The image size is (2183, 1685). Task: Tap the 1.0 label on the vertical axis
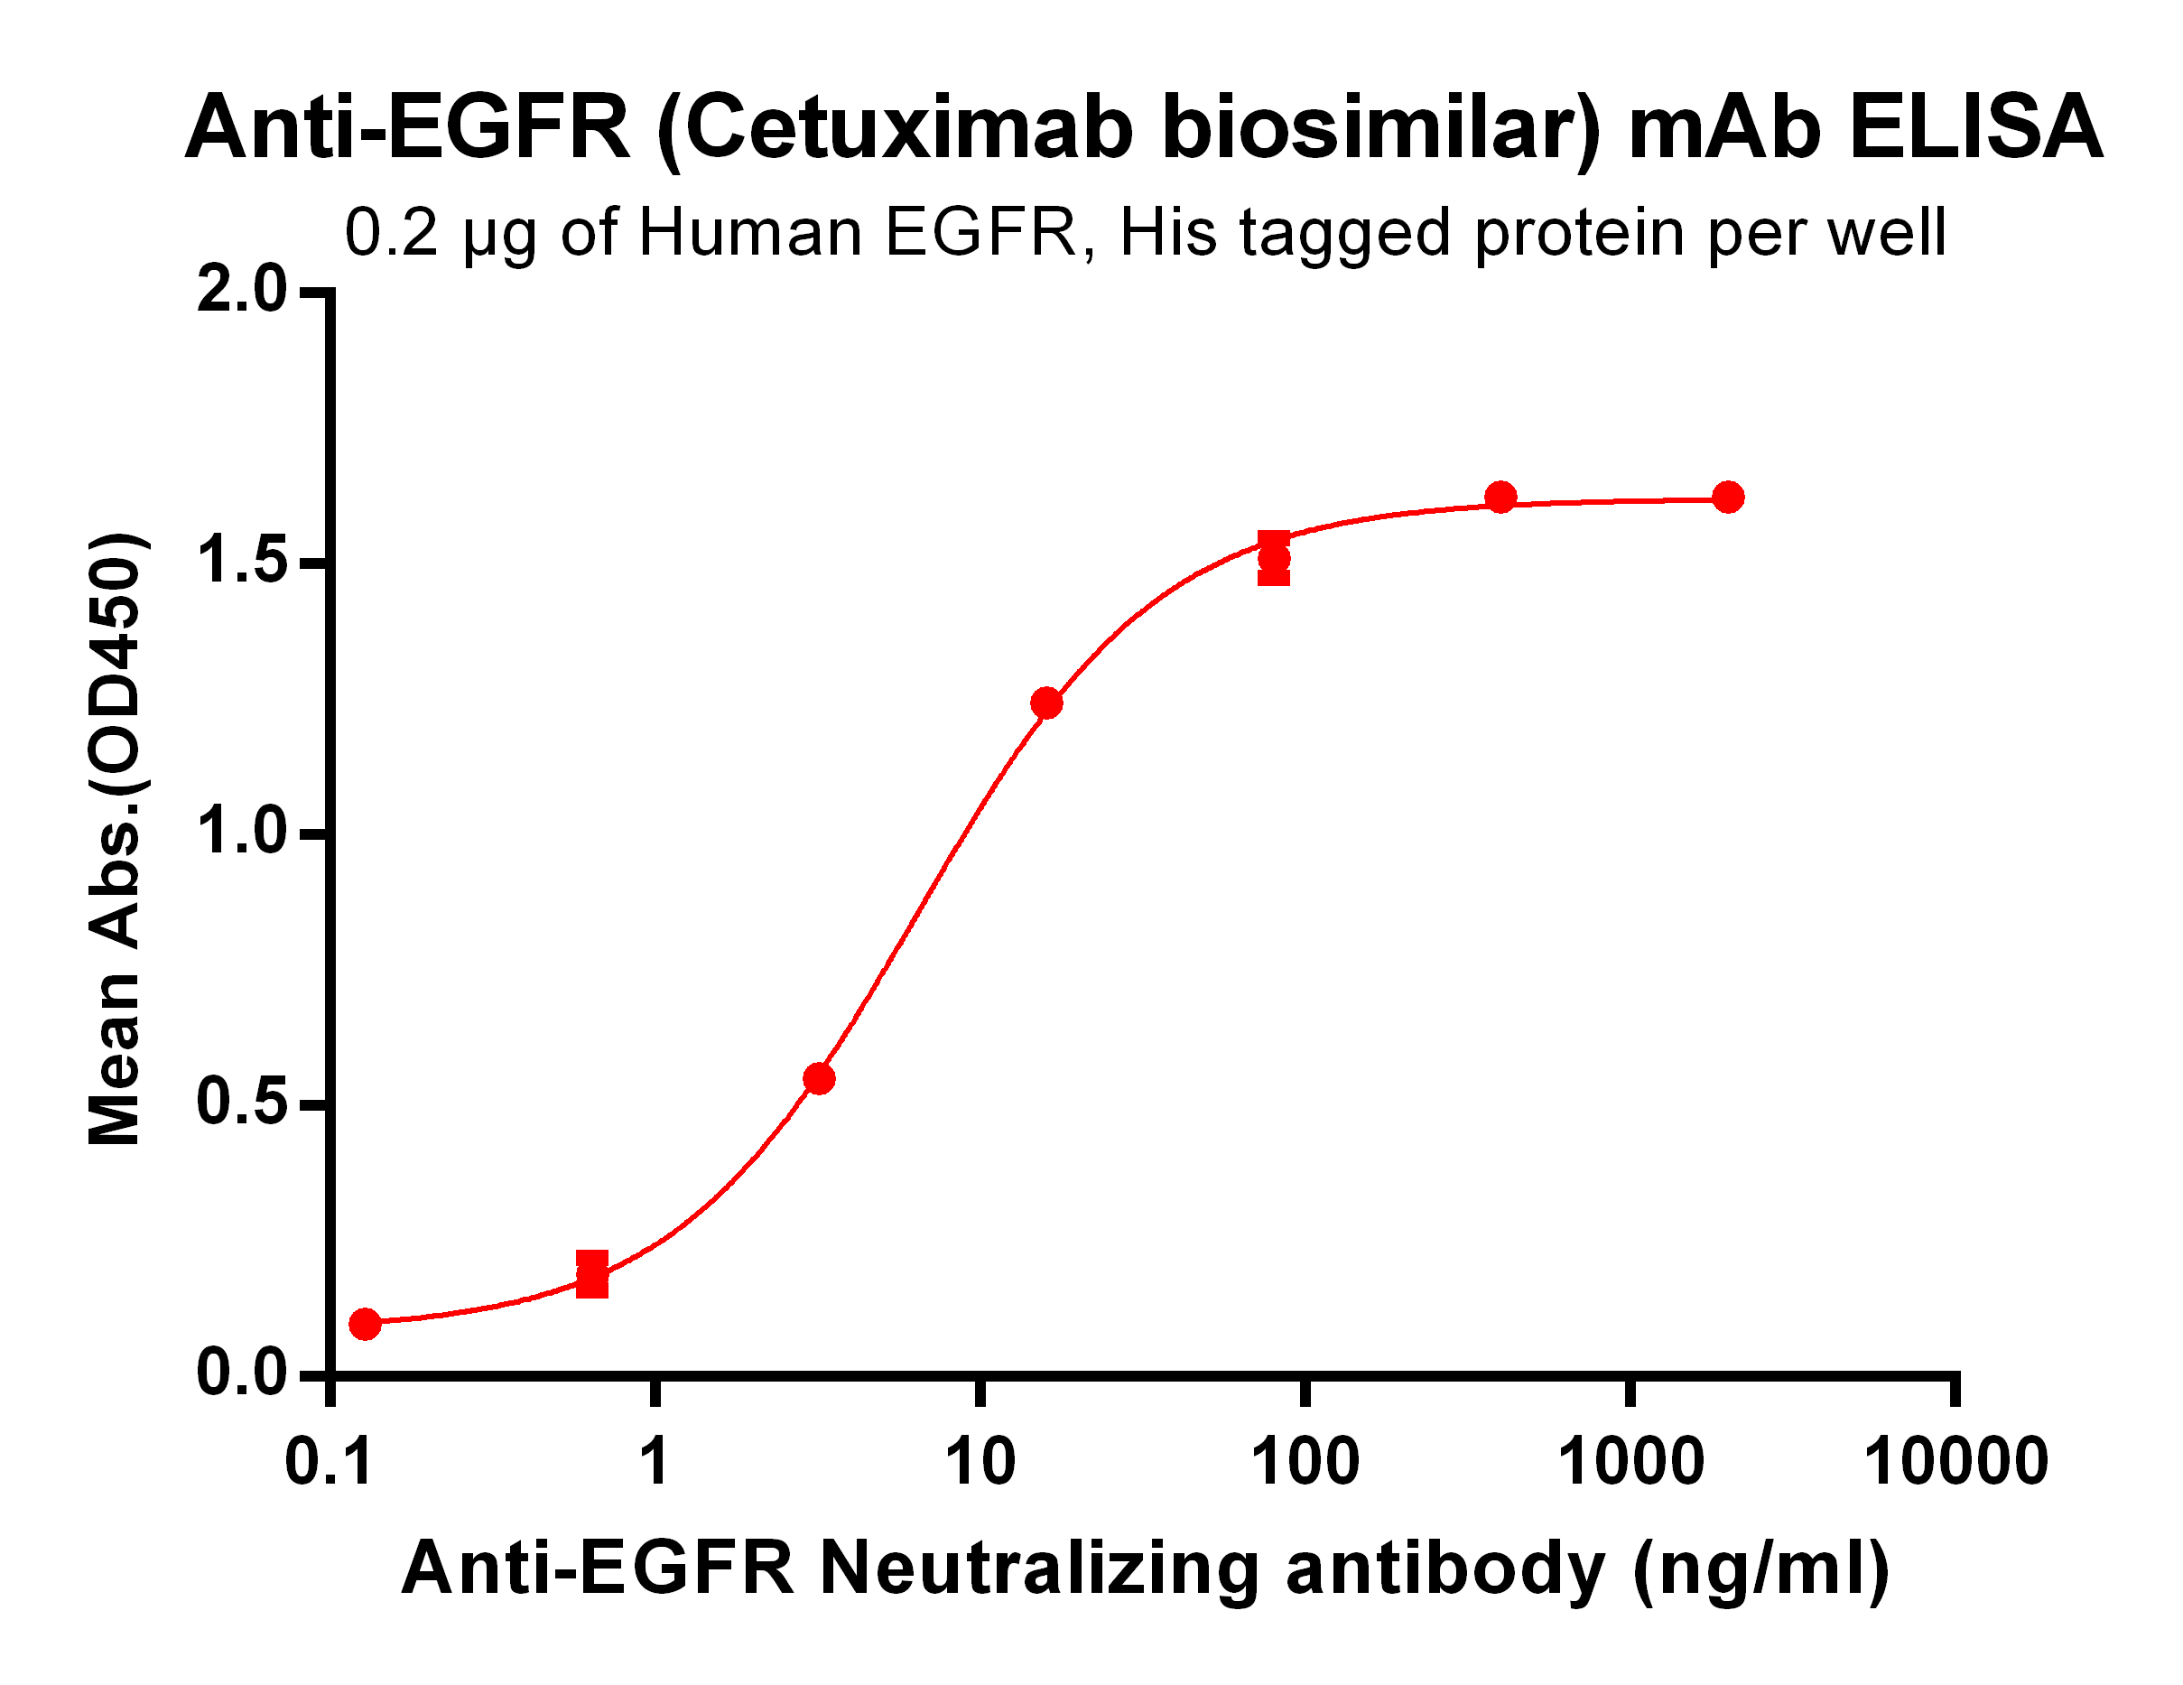(241, 832)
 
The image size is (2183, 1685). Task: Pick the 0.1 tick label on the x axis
(329, 1462)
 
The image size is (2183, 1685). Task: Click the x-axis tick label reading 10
(980, 1462)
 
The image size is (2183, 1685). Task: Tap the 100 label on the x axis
(1305, 1462)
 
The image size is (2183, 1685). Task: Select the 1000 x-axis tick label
(1630, 1462)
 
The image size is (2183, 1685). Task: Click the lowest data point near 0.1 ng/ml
(365, 1324)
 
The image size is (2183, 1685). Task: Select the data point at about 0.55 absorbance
(819, 1079)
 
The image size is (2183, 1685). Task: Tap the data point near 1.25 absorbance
(1046, 703)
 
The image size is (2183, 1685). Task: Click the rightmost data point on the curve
(1728, 497)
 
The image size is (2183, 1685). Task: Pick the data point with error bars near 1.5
(1273, 559)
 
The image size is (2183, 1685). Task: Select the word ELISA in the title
(1975, 128)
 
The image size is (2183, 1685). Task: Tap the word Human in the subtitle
(749, 233)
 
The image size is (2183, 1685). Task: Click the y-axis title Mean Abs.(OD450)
(116, 838)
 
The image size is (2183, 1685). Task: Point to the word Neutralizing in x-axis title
(1039, 1568)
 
